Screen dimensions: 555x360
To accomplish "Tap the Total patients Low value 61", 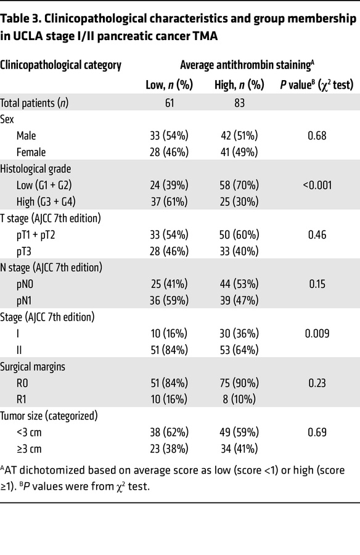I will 168,102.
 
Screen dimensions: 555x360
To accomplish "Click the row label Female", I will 31,151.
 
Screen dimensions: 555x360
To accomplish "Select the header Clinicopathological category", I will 60,64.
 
